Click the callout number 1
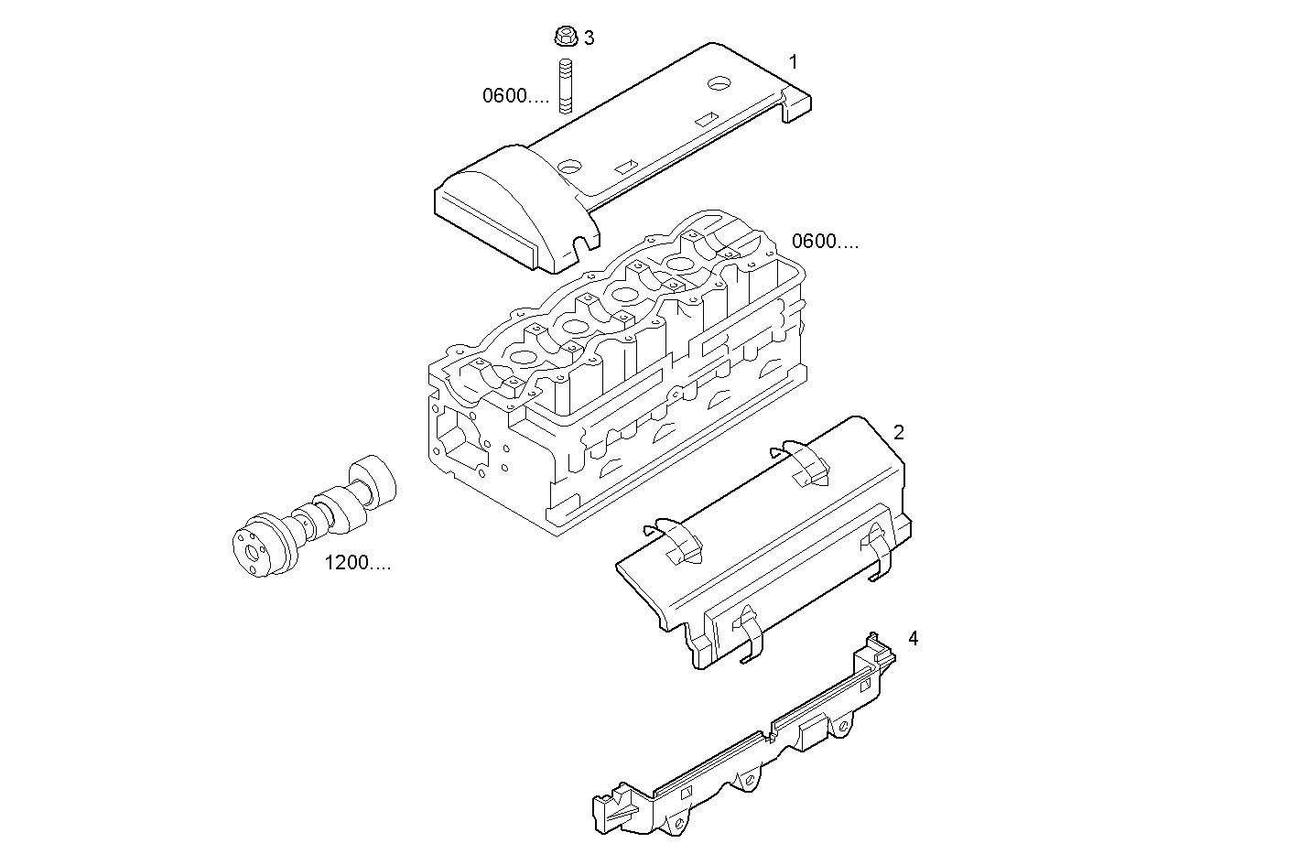tap(794, 62)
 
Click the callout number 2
tap(899, 432)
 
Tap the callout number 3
tap(590, 38)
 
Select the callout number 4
tap(913, 638)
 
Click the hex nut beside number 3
tap(565, 37)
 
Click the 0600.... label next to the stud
tap(516, 95)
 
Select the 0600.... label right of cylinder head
tap(825, 242)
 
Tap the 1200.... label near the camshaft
tap(357, 563)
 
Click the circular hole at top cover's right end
tap(719, 83)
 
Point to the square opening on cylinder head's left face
tap(457, 438)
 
